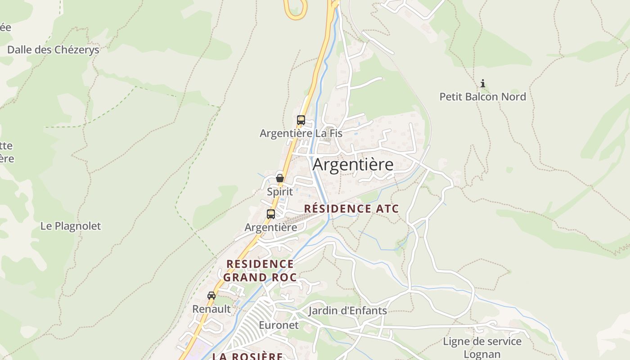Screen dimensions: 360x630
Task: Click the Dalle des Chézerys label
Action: point(53,49)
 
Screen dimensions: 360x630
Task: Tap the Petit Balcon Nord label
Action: point(482,97)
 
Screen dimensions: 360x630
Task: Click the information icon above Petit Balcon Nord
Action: point(483,83)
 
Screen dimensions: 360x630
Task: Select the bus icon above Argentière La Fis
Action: point(301,120)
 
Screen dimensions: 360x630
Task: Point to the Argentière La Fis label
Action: point(301,133)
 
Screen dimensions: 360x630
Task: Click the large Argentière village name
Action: point(353,164)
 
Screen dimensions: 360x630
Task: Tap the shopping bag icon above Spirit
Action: point(280,178)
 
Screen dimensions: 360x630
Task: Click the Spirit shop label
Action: point(280,192)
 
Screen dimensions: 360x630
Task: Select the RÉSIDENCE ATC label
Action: point(351,209)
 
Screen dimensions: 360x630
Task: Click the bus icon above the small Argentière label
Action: point(271,214)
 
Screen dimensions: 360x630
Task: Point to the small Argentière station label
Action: point(271,227)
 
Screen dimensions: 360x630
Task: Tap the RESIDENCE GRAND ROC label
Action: point(260,270)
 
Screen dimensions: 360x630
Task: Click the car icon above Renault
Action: point(211,296)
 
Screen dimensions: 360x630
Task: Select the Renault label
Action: point(211,309)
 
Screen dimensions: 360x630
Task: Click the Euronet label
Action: point(279,325)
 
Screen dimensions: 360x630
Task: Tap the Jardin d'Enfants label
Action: point(347,310)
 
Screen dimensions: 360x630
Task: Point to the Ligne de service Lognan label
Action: point(482,348)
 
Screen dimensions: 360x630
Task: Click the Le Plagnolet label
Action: point(71,226)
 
